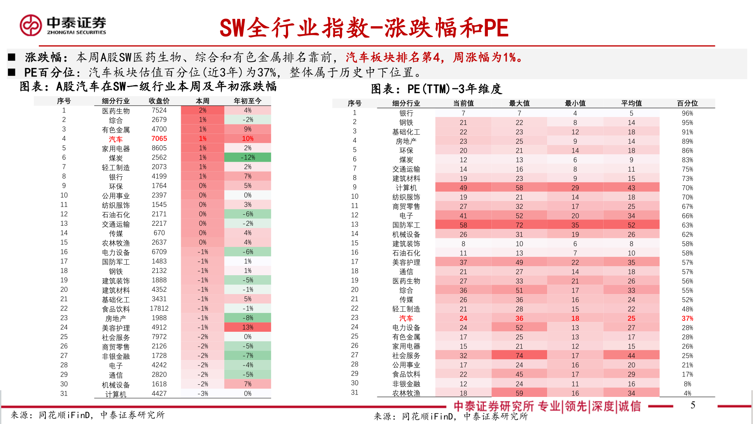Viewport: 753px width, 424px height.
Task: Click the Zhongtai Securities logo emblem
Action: click(x=31, y=26)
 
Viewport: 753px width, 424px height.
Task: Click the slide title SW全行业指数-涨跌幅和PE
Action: click(x=364, y=28)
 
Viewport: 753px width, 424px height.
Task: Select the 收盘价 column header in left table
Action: click(x=159, y=101)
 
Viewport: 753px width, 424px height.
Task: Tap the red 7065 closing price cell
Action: click(x=159, y=139)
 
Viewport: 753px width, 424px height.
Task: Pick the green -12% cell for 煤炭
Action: click(x=247, y=157)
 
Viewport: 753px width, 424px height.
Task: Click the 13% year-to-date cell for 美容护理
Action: click(x=247, y=327)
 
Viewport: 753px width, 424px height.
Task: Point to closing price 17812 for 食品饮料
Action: click(x=159, y=309)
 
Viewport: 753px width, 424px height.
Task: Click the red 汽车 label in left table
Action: click(x=116, y=139)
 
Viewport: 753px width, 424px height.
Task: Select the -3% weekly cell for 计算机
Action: click(x=202, y=393)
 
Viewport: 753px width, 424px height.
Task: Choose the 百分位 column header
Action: click(x=687, y=103)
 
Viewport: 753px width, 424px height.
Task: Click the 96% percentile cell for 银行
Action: click(x=687, y=113)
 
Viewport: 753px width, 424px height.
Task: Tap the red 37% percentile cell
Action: click(x=687, y=318)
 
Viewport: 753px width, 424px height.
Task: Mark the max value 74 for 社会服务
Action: click(x=519, y=356)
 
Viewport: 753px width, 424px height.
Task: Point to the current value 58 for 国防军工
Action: click(x=463, y=225)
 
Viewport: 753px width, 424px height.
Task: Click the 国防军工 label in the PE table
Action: click(x=406, y=225)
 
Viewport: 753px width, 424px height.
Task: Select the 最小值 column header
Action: click(x=575, y=103)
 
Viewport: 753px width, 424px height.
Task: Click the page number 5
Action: click(x=693, y=405)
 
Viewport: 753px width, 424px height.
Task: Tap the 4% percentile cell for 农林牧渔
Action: click(x=687, y=393)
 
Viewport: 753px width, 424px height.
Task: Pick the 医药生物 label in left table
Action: click(x=116, y=111)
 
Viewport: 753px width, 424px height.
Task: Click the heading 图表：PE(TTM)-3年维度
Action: click(x=436, y=89)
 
